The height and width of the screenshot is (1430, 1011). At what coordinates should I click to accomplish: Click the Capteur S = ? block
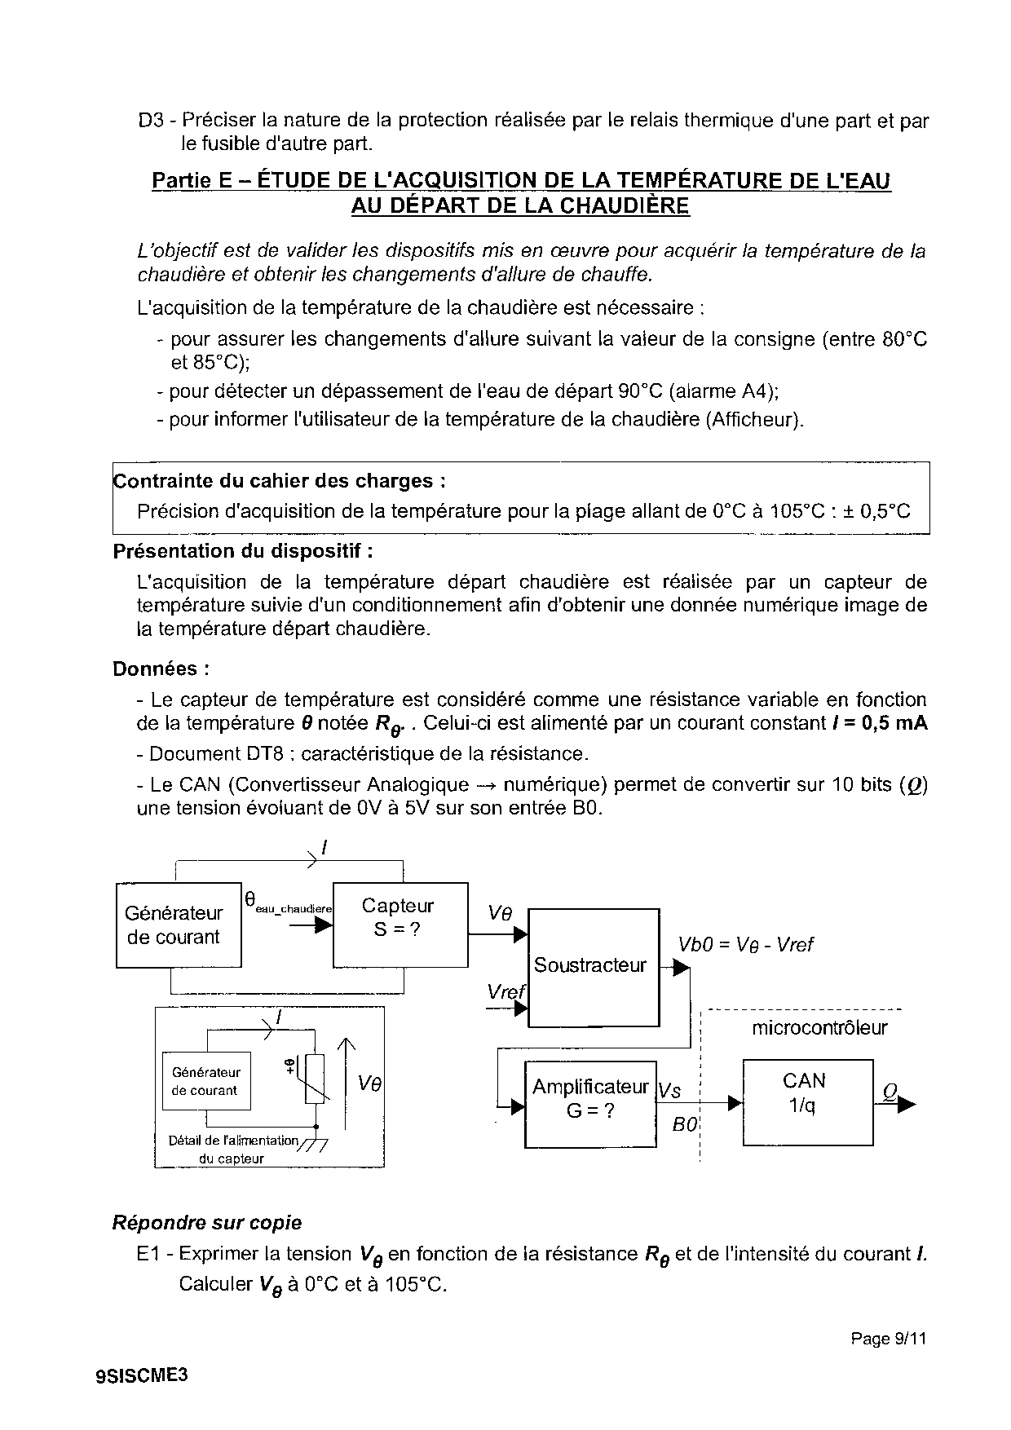(x=400, y=925)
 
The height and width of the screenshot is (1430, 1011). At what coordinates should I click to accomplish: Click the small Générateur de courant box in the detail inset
(x=205, y=1081)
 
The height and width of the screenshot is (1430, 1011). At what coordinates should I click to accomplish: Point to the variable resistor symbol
(x=315, y=1079)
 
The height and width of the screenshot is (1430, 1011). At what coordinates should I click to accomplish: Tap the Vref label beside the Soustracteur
(x=505, y=992)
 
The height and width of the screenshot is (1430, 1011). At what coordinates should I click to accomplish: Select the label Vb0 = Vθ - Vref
(x=745, y=945)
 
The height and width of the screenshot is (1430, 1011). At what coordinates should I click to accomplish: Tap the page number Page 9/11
(x=889, y=1338)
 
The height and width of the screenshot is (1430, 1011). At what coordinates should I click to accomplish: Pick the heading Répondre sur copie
(x=206, y=1223)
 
